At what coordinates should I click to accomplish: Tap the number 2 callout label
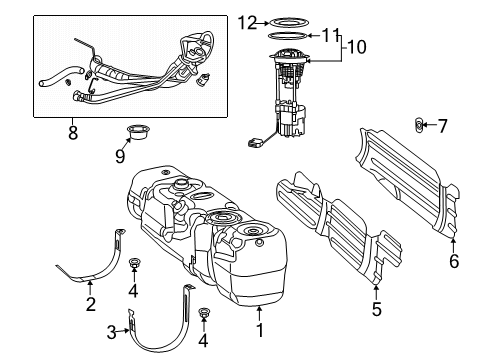coord(89,304)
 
